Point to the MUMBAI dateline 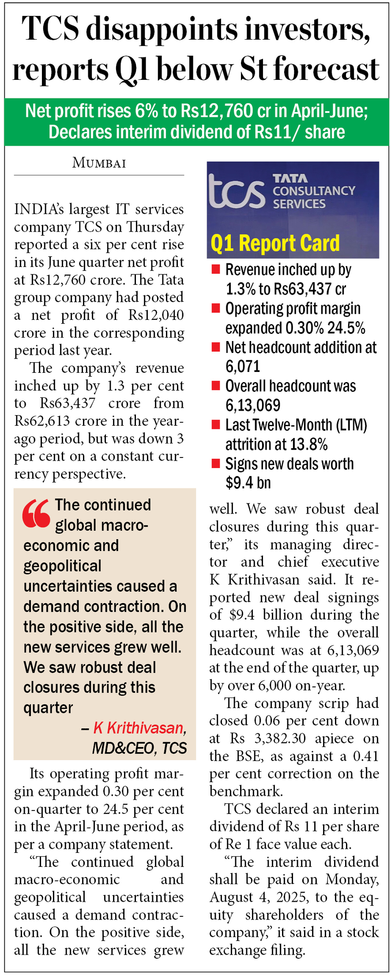pos(99,163)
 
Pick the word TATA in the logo pos(290,178)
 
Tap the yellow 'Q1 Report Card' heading pos(275,243)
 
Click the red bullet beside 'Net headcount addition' pos(216,347)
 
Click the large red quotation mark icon pos(36,514)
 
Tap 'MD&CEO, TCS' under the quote pos(139,748)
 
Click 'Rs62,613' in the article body pos(42,421)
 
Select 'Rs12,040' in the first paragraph pos(156,315)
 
